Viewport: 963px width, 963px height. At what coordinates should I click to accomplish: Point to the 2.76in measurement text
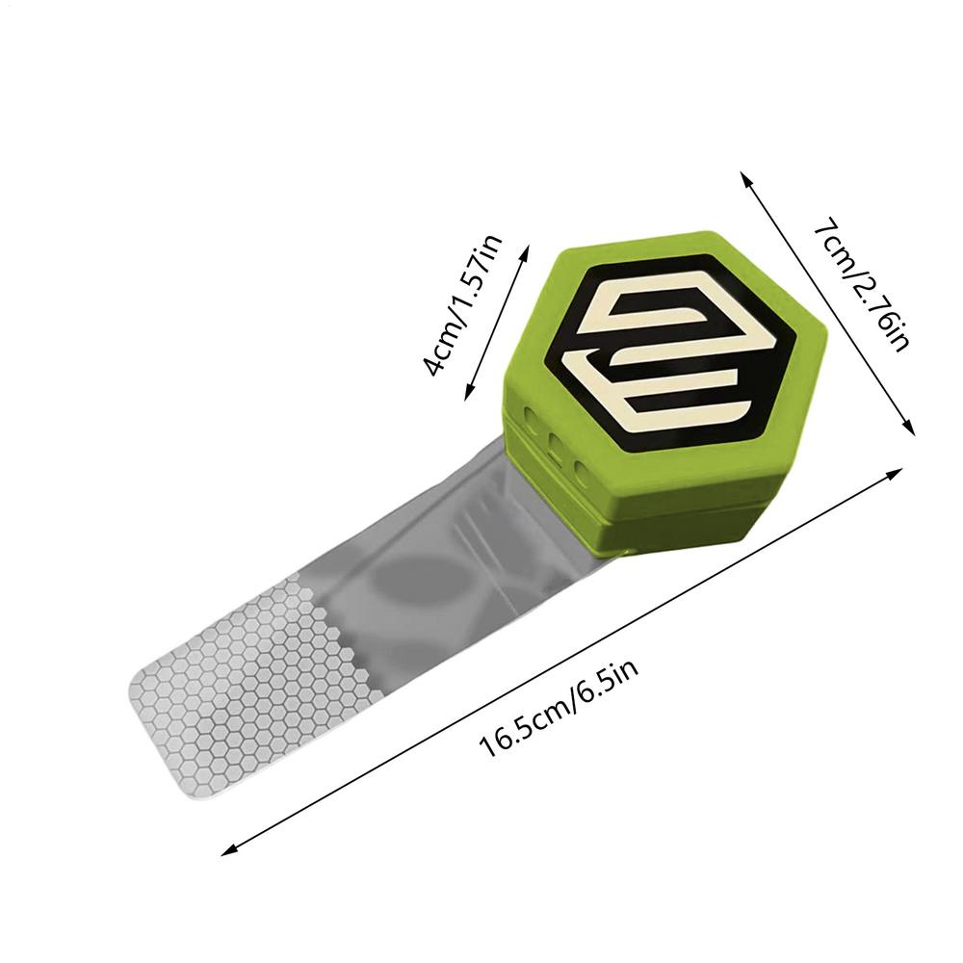point(879,307)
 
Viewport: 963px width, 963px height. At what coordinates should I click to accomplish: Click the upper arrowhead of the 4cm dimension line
point(524,251)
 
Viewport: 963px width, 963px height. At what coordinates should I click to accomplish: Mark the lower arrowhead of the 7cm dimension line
point(909,429)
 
